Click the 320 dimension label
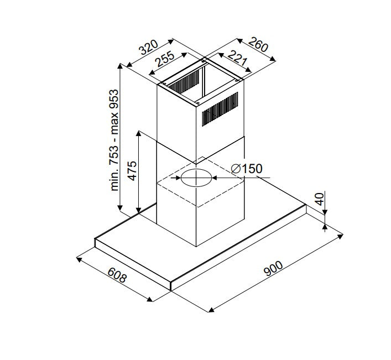(x=149, y=47)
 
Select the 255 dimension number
(x=165, y=59)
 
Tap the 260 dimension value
(x=258, y=44)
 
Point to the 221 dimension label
(x=237, y=58)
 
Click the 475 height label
(x=132, y=171)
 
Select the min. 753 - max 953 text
(x=114, y=140)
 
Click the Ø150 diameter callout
(x=247, y=169)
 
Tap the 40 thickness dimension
(x=320, y=199)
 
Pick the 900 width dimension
(x=274, y=269)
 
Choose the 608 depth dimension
(x=117, y=275)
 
